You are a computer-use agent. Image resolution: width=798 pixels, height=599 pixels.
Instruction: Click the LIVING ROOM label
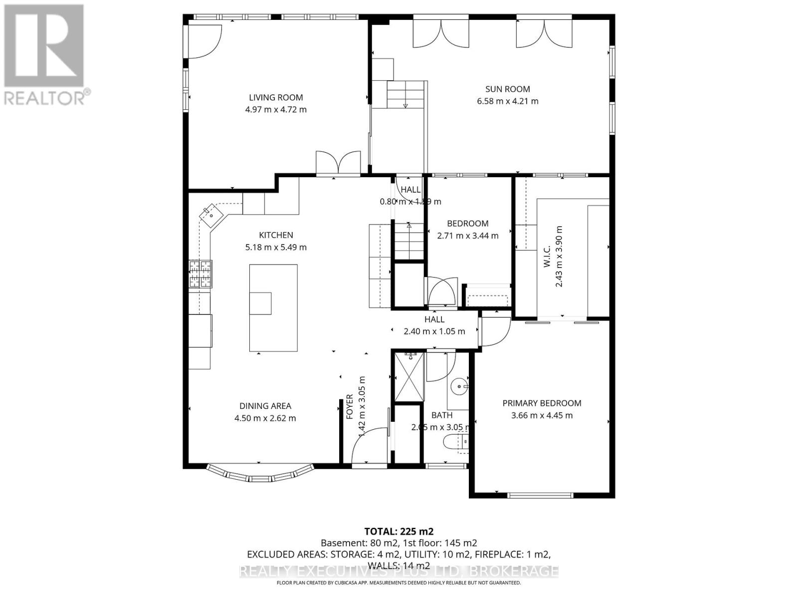point(276,97)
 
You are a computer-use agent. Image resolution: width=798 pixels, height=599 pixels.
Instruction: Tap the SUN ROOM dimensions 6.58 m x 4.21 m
point(507,101)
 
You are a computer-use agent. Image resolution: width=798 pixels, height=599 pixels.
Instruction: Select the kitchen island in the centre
point(273,308)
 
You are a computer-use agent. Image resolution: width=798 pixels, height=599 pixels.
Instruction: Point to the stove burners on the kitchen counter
point(200,274)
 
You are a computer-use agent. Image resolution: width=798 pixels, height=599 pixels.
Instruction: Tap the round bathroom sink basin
point(459,386)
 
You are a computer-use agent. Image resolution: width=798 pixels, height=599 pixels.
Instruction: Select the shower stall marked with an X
point(409,377)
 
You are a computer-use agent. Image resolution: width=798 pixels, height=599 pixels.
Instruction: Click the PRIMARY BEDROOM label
point(542,403)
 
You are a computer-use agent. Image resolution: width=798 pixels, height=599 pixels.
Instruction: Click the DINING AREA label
point(265,406)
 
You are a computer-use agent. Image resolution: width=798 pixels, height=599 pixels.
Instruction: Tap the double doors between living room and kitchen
point(338,163)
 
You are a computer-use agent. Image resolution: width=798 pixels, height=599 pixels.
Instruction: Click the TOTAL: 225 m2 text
point(395,531)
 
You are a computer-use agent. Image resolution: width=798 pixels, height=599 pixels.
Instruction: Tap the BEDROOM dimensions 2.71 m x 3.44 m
point(467,235)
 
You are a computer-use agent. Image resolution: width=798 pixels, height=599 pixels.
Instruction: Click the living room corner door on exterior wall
point(204,41)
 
